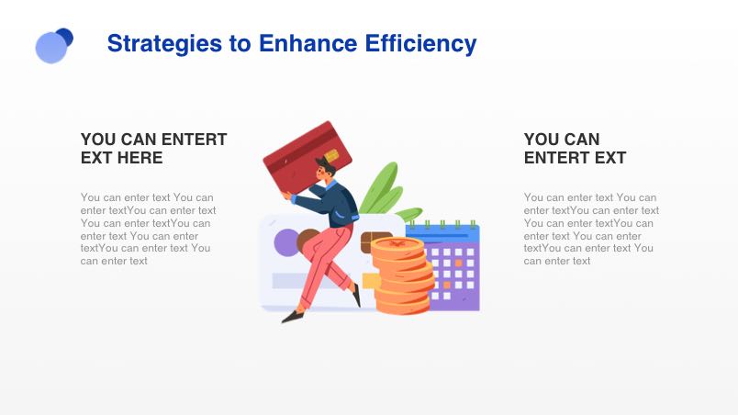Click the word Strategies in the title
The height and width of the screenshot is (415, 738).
point(164,44)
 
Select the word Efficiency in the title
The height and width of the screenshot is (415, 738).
point(420,44)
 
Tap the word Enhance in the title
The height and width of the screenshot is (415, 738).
point(307,43)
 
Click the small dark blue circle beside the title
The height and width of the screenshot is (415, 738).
point(65,37)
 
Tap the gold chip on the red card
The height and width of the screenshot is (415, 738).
point(331,155)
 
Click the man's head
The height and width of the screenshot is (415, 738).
point(325,169)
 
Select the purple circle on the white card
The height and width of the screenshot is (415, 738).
point(286,242)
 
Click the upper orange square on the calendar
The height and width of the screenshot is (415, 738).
point(458,263)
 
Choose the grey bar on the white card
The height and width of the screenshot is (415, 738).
point(297,281)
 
